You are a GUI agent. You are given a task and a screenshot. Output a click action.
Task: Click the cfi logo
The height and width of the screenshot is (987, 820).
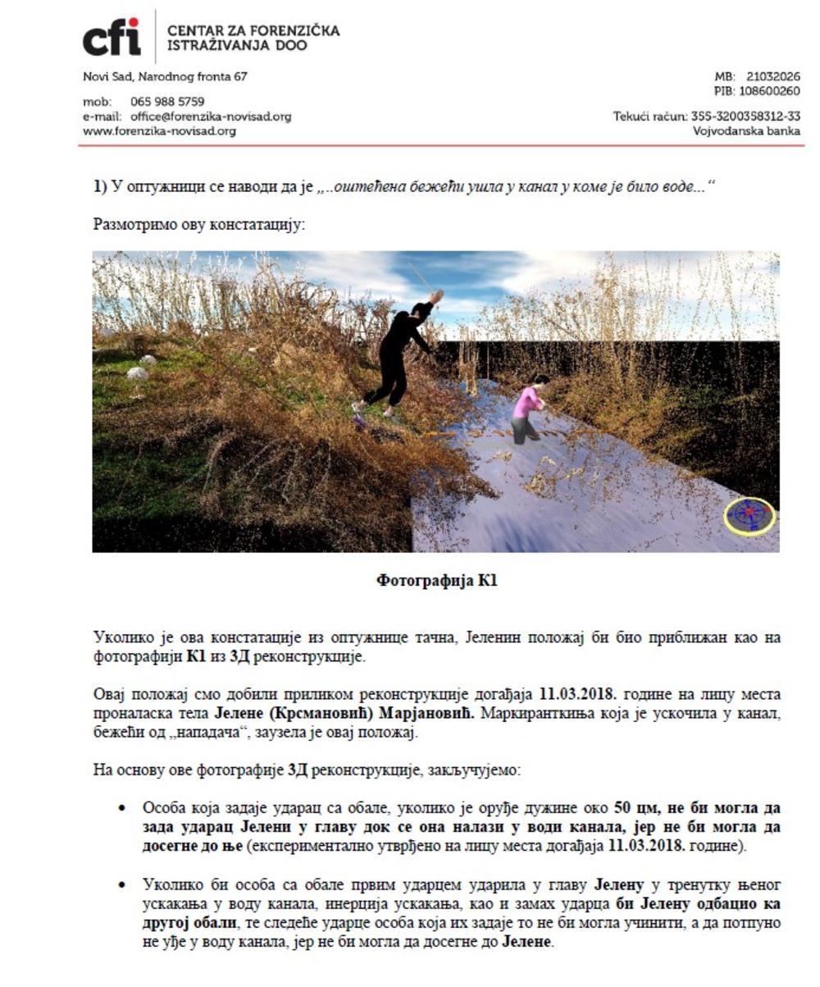click(112, 38)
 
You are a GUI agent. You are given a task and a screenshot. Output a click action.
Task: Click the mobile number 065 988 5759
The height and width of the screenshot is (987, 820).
click(167, 103)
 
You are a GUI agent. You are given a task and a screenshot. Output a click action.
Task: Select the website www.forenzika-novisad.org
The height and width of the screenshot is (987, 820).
click(159, 130)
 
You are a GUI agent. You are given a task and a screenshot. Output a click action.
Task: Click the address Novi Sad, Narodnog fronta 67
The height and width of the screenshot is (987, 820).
click(165, 77)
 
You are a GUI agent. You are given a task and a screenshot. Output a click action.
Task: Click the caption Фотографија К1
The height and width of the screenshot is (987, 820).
click(436, 581)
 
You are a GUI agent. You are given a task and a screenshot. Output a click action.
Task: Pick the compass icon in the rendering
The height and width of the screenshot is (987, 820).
click(749, 515)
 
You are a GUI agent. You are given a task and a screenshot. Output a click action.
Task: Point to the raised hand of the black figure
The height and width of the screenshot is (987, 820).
click(436, 295)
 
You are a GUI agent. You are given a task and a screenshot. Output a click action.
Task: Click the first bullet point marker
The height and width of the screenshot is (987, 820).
click(122, 808)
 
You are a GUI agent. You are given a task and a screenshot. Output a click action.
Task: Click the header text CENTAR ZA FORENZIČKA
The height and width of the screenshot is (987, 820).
click(253, 31)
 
